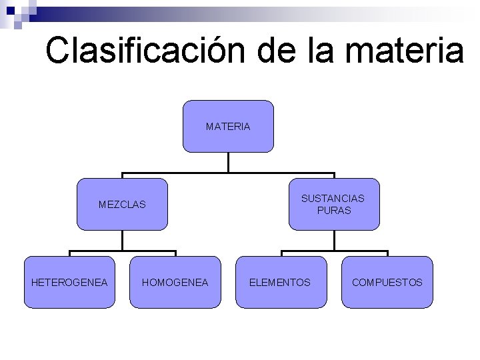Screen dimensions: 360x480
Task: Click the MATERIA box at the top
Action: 228,126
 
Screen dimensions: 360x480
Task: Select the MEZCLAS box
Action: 122,205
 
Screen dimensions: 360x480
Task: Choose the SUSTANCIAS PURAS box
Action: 334,204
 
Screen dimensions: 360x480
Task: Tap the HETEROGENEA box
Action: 69,282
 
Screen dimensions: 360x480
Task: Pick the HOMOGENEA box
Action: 175,282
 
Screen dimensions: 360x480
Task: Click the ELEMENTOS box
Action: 280,282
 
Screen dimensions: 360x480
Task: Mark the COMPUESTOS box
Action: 387,282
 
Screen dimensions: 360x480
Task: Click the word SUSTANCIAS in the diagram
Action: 333,198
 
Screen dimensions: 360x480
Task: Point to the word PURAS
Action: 334,210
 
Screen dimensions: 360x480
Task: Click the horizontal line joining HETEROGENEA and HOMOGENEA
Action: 122,251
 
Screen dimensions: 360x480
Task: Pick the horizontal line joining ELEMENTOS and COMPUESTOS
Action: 334,251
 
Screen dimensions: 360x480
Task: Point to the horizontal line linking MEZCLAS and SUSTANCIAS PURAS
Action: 228,172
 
